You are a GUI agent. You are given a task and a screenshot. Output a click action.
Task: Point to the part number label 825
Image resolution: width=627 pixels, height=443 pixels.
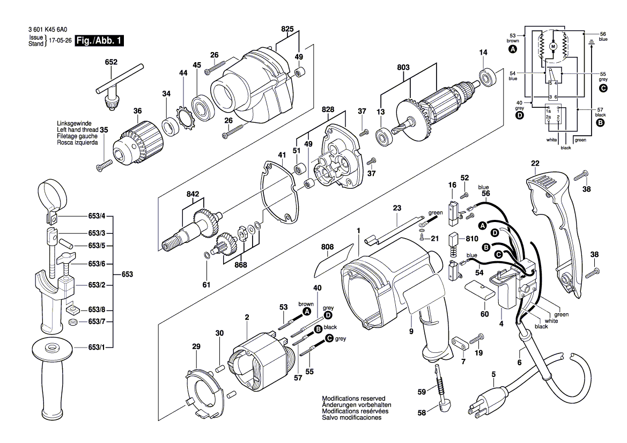287,29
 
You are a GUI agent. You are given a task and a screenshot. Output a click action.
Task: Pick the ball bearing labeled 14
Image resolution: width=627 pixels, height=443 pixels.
488,78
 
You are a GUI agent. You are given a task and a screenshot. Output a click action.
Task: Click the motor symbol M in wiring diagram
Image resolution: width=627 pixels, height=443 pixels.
553,47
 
